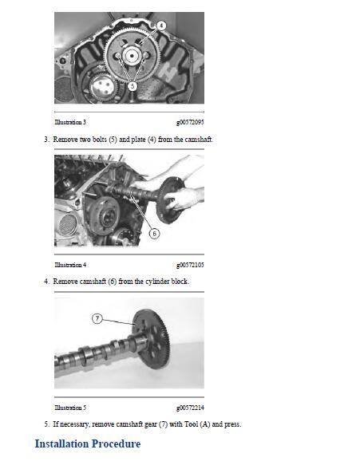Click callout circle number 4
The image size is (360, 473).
pos(161,26)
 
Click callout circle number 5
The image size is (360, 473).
pos(133,85)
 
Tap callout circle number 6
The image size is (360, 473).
pos(154,234)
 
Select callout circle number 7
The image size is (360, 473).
pos(97,318)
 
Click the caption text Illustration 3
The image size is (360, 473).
pos(70,122)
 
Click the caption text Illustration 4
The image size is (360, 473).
pos(70,265)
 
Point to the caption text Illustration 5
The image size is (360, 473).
pos(70,408)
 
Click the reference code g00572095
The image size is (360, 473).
pos(189,122)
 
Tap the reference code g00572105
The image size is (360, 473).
pos(189,265)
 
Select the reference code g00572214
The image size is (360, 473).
pos(189,408)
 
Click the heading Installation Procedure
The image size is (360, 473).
pos(87,443)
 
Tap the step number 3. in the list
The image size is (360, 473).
pos(46,139)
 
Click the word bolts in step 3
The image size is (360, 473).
pos(105,139)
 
